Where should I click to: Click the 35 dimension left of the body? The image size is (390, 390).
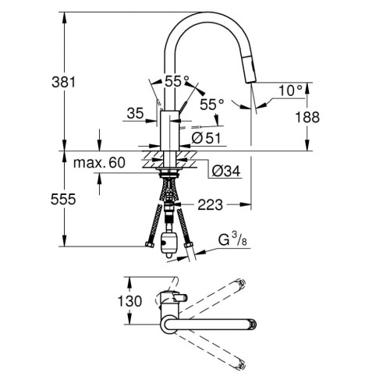(x=134, y=114)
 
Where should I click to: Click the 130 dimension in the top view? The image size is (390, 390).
(x=112, y=301)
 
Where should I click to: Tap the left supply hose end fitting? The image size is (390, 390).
(x=148, y=250)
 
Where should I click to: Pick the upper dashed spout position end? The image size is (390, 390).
(x=242, y=284)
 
